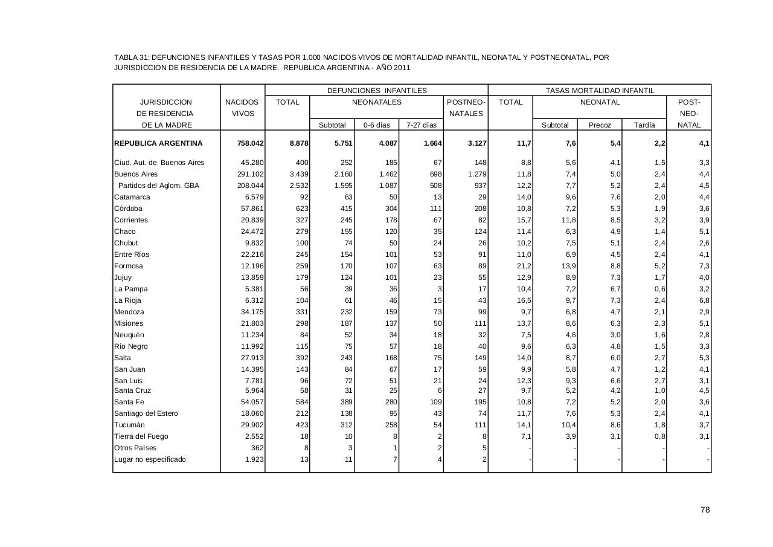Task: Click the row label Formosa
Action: pyautogui.click(x=129, y=266)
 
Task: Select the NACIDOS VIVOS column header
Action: pyautogui.click(x=242, y=108)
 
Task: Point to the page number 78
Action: pyautogui.click(x=705, y=510)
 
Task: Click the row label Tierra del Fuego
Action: pyautogui.click(x=141, y=436)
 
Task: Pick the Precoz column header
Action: pyautogui.click(x=600, y=125)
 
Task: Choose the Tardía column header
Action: pyautogui.click(x=644, y=125)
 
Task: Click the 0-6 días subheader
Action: pyautogui.click(x=376, y=125)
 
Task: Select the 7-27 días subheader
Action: pyautogui.click(x=421, y=125)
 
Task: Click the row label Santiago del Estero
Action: pyautogui.click(x=146, y=413)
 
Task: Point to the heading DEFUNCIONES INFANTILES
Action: pyautogui.click(x=377, y=91)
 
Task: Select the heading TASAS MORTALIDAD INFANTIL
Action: pyautogui.click(x=600, y=91)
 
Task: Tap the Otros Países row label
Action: pyautogui.click(x=135, y=448)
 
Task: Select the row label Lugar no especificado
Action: pyautogui.click(x=150, y=459)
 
